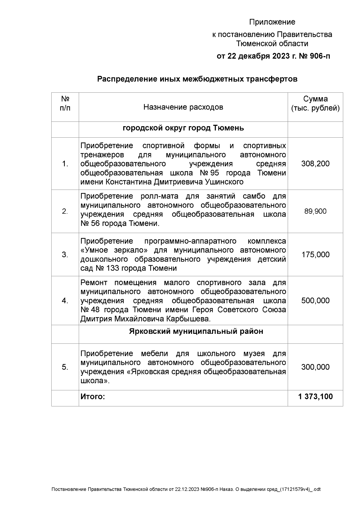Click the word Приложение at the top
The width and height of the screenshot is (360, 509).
(x=272, y=22)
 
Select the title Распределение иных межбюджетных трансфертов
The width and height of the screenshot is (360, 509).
(x=197, y=79)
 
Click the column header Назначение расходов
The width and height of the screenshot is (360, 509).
(x=183, y=107)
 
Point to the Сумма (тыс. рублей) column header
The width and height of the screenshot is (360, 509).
(x=315, y=104)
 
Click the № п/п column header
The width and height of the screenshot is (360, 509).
(x=65, y=104)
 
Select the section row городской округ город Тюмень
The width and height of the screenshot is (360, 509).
(x=183, y=128)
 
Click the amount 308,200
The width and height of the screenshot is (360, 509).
(x=315, y=164)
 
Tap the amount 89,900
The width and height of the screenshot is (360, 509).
(x=315, y=211)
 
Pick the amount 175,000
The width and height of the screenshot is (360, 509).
(x=315, y=255)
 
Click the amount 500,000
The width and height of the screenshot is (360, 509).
(x=315, y=301)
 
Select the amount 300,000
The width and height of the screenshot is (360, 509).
(x=315, y=367)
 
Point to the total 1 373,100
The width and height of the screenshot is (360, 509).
(x=315, y=397)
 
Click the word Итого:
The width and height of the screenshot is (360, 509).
(x=93, y=397)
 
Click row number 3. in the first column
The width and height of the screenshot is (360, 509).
(x=65, y=255)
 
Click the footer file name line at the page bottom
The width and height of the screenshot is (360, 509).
(x=186, y=490)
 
